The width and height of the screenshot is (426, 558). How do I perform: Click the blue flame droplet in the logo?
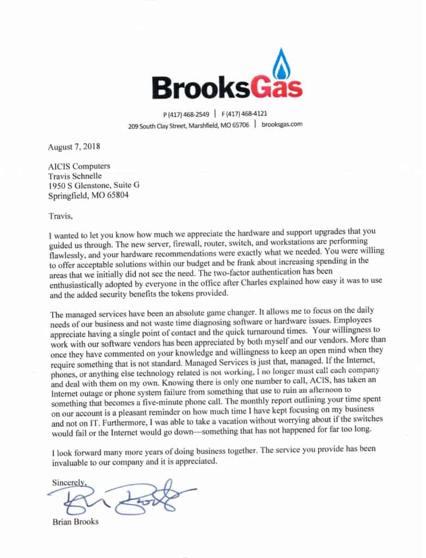click(282, 65)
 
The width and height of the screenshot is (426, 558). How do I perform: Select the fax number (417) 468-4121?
click(244, 114)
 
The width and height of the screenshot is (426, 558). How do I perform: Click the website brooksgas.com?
click(281, 124)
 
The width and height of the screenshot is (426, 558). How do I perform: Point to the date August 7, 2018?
click(74, 146)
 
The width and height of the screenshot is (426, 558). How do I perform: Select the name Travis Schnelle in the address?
click(75, 175)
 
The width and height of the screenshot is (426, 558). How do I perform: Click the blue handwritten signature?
click(120, 497)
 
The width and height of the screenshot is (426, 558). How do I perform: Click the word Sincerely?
click(69, 482)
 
